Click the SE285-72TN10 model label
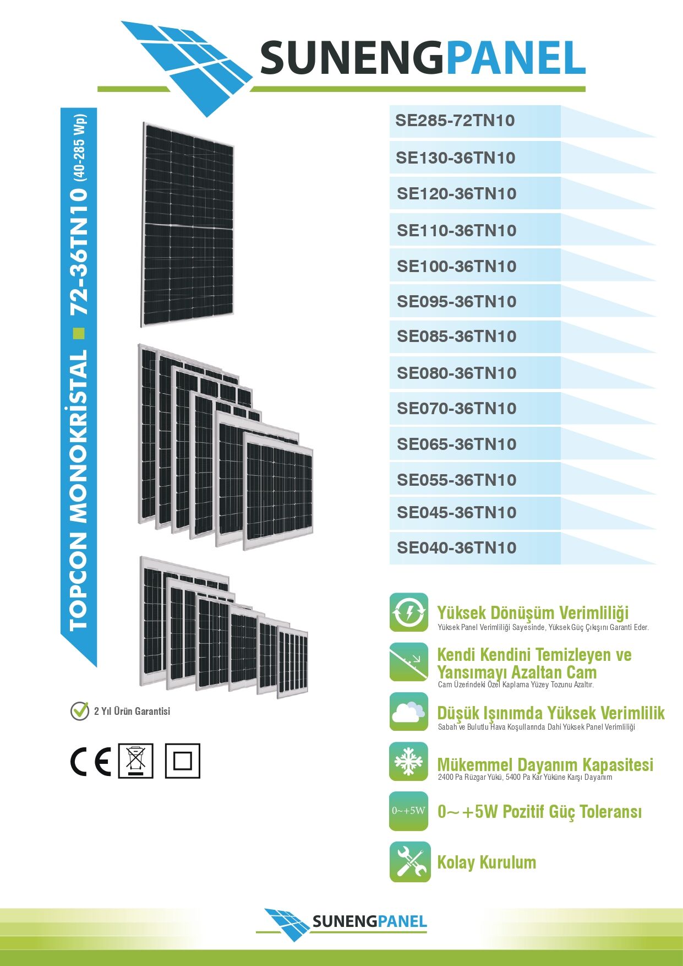point(455,121)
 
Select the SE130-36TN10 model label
point(456,158)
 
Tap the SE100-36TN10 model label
point(457,267)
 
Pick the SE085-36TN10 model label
point(457,337)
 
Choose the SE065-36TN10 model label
point(457,444)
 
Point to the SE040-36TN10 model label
point(457,548)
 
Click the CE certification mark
point(91,762)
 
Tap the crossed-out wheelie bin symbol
point(136,761)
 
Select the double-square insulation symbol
point(183,761)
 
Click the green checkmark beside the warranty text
point(80,710)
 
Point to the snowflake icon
point(408,762)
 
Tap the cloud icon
point(408,712)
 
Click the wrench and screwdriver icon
point(409,861)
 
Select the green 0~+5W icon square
point(408,811)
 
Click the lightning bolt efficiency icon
point(408,612)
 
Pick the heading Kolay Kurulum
point(487,862)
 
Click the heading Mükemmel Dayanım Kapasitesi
point(545,764)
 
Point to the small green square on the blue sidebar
point(79,333)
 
